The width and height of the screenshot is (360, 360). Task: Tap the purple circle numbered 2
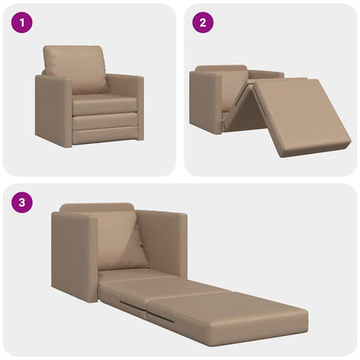point(202,22)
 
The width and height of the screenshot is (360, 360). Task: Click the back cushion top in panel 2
point(222,69)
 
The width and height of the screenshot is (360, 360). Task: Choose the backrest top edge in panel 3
point(96,206)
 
